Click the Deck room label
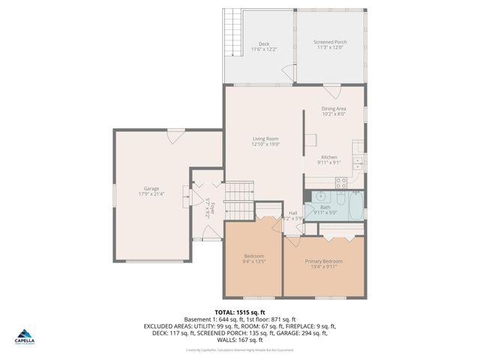[264, 43]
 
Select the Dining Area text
[334, 109]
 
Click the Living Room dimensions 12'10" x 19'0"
[265, 144]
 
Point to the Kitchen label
[330, 157]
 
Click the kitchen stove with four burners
[341, 181]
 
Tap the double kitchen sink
[358, 162]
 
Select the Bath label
[325, 208]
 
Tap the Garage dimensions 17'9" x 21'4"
[152, 193]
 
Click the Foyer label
[212, 207]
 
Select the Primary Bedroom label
[322, 261]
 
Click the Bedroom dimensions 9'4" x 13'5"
[253, 262]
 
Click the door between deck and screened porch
[286, 71]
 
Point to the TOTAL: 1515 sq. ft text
[240, 312]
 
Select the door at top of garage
[175, 136]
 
